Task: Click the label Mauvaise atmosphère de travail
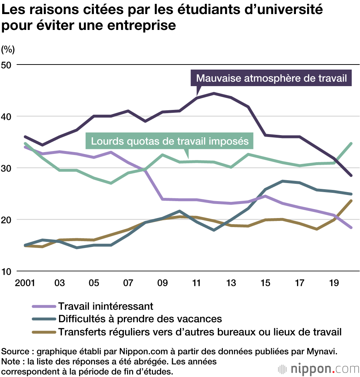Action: (x=271, y=78)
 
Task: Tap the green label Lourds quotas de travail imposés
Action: (x=170, y=141)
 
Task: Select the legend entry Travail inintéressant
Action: (x=106, y=306)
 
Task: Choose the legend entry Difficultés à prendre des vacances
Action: (x=140, y=319)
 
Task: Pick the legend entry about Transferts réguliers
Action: (x=200, y=332)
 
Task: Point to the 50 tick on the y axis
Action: (x=8, y=65)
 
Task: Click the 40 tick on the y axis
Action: (x=8, y=116)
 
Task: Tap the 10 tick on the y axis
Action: (x=8, y=271)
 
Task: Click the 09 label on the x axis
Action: (x=163, y=283)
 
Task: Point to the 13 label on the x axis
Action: (x=231, y=283)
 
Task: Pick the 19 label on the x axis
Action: (x=334, y=283)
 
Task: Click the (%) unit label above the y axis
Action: (x=8, y=49)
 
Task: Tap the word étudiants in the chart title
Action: (x=210, y=10)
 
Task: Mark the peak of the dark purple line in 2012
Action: (x=214, y=93)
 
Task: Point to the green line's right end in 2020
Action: (x=351, y=143)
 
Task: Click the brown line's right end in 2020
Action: (x=351, y=201)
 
